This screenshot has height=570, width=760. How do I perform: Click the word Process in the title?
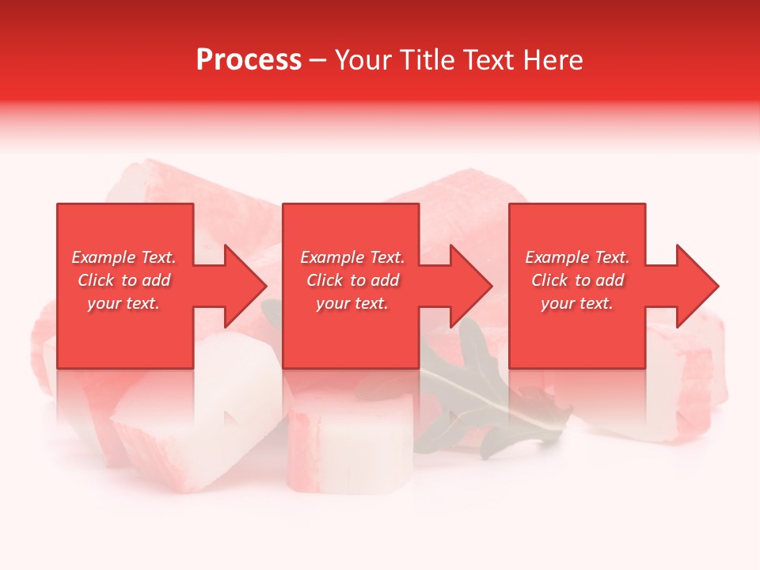coord(249,60)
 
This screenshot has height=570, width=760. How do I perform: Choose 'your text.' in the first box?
coord(123,303)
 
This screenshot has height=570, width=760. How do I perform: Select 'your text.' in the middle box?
coord(352,303)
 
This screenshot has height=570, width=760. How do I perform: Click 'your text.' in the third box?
coord(577,303)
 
